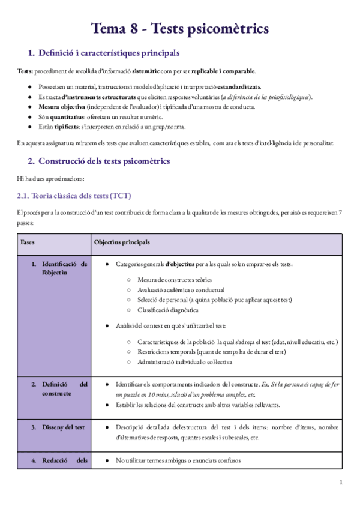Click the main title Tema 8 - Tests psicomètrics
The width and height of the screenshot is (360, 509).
click(179, 28)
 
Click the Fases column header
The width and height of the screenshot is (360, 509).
click(28, 242)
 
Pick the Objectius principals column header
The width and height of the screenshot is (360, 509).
click(122, 242)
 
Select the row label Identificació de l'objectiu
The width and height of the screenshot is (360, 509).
click(65, 268)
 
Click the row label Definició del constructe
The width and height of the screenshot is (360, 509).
click(65, 388)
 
